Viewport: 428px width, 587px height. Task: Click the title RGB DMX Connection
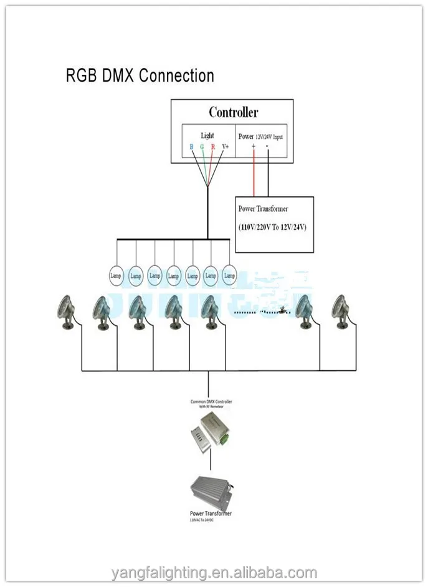coord(140,76)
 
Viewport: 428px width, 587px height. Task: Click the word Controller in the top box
coord(233,112)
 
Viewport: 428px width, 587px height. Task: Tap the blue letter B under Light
coord(192,148)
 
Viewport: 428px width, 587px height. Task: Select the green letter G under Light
coord(202,148)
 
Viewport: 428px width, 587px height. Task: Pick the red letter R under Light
coord(213,148)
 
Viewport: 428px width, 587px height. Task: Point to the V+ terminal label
coord(226,148)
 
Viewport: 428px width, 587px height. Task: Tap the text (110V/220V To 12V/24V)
coord(272,227)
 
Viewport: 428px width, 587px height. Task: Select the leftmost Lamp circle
coord(117,275)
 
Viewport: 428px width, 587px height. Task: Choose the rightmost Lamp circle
coord(229,275)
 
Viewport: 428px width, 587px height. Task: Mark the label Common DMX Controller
coord(211,402)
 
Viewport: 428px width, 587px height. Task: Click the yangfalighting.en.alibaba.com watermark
coord(214,573)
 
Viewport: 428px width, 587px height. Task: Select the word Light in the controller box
coord(207,135)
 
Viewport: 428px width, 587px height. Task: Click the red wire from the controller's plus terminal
coord(253,174)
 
